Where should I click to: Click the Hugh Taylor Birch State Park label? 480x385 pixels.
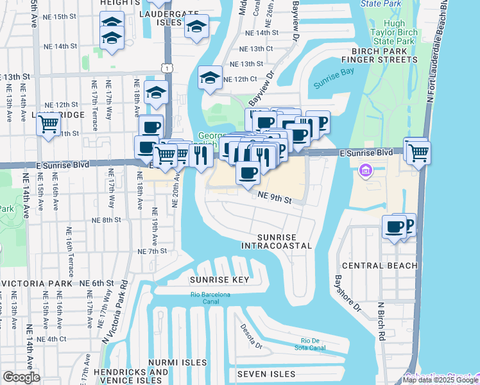click(x=393, y=31)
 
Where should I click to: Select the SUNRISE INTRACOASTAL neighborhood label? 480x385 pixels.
click(x=277, y=241)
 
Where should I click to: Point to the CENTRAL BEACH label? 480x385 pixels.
click(x=380, y=266)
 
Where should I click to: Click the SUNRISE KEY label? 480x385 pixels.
click(x=219, y=280)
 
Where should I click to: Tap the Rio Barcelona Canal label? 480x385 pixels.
click(x=210, y=298)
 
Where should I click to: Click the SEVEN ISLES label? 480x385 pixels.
click(x=266, y=374)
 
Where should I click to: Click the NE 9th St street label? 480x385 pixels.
click(x=275, y=200)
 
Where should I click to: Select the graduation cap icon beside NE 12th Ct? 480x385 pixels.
click(x=209, y=78)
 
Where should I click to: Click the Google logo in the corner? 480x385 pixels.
click(x=21, y=377)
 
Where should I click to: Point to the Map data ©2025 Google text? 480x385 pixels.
click(x=440, y=380)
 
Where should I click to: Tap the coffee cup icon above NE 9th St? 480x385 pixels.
click(x=248, y=171)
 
